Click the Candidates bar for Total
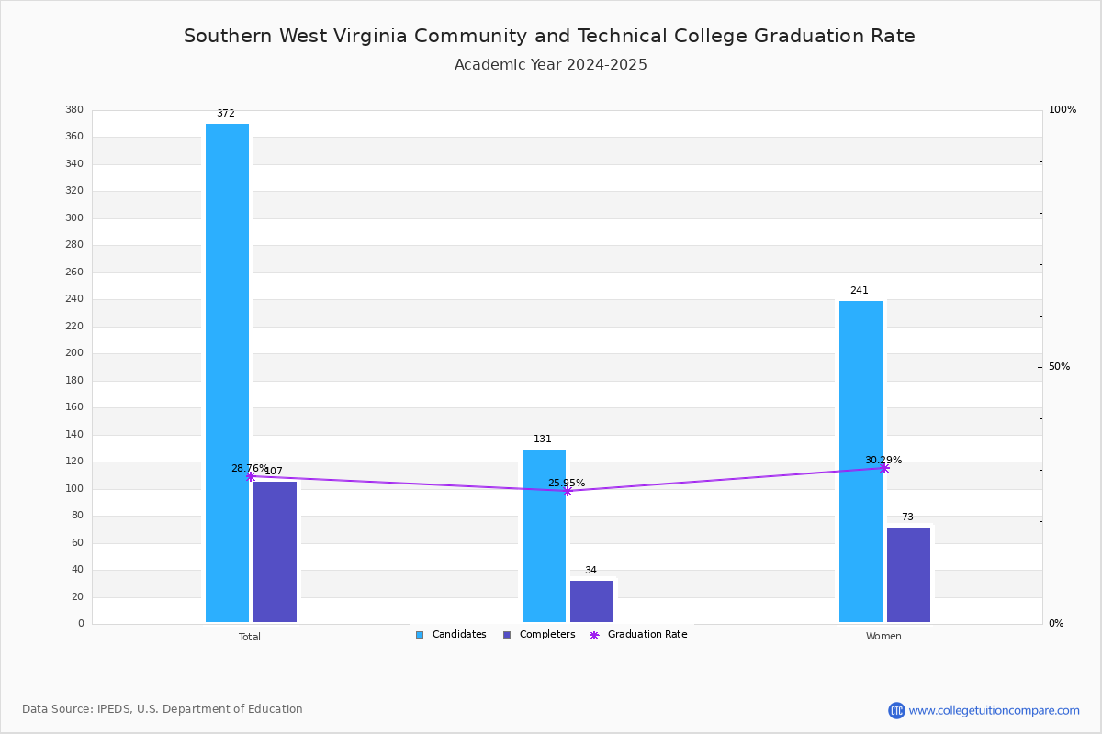coord(228,373)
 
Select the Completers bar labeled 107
coord(275,551)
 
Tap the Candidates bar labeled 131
coord(544,536)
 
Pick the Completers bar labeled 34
coord(591,601)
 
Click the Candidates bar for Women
coord(861,462)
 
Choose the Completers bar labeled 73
coord(908,574)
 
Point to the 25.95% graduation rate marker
coord(568,491)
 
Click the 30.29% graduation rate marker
coord(884,469)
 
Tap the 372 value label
coord(226,113)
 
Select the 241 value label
coord(860,290)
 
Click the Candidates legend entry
coord(451,634)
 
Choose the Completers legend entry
coord(539,634)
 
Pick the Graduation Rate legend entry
coord(638,634)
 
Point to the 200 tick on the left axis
coord(74,352)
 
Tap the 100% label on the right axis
coord(1063,109)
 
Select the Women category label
coord(883,636)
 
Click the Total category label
coord(250,637)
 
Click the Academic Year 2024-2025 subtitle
coord(550,65)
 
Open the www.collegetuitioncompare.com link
coord(994,710)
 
